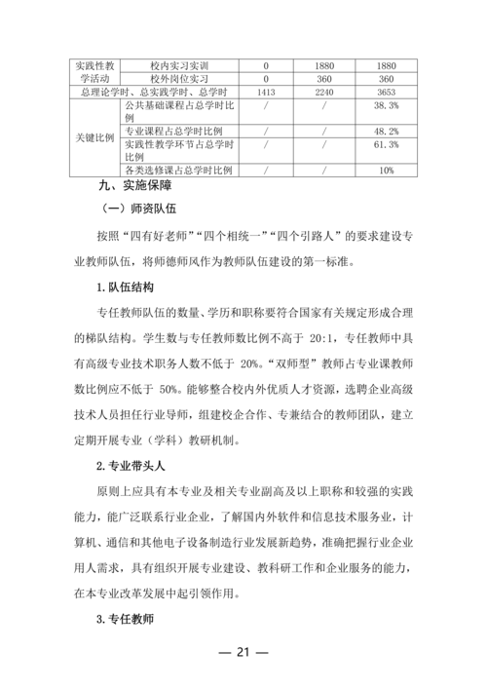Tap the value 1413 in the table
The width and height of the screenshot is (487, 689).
[265, 92]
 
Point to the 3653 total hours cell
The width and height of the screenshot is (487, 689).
[386, 92]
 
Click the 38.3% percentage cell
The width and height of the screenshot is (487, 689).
[386, 105]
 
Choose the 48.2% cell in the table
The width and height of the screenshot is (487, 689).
[386, 132]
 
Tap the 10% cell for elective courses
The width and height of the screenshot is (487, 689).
[386, 170]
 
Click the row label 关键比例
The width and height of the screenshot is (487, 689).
[96, 137]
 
